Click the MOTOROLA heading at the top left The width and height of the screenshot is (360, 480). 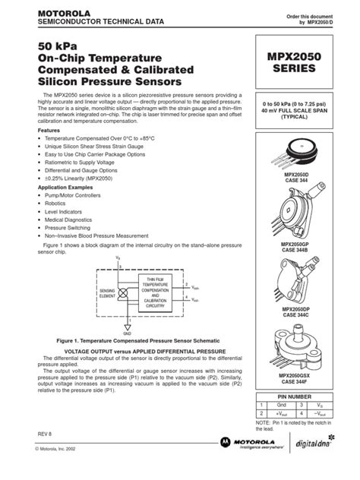52,14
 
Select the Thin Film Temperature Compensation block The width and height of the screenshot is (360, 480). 155,292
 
